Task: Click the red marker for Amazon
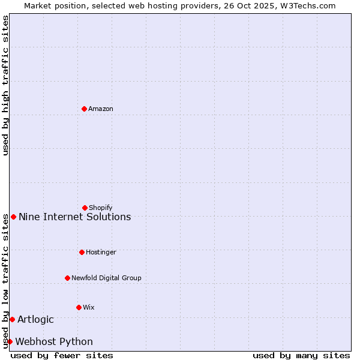coord(84,109)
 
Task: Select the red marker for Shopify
coord(85,208)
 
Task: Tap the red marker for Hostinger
coord(82,252)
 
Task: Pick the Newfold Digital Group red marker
coord(67,278)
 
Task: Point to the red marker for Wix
coord(79,307)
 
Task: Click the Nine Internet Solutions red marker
coord(13,217)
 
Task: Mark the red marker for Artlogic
coord(12,319)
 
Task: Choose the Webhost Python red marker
coord(10,341)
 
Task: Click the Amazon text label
coord(101,109)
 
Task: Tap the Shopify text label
coord(101,208)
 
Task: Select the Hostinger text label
coord(101,252)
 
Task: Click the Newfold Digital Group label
coord(106,278)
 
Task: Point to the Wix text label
coord(89,307)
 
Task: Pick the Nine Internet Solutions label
coord(75,217)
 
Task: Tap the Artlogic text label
coord(35,319)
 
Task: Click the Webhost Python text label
coord(54,341)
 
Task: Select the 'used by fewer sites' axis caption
coord(62,355)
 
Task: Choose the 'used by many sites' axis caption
coord(301,355)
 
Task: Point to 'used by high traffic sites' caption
coord(5,85)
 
